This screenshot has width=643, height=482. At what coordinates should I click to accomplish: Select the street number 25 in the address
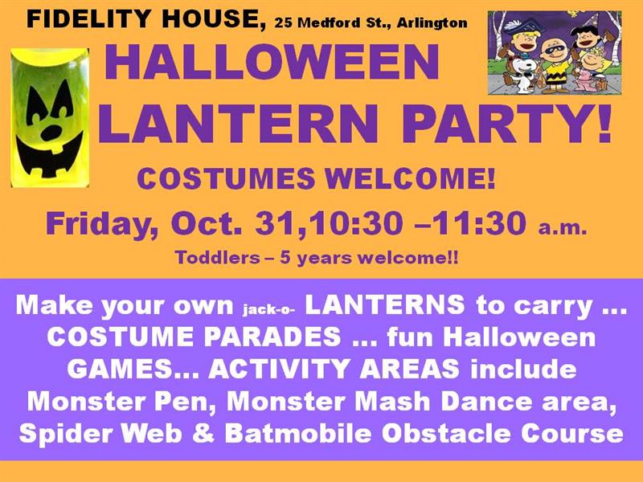tap(282, 23)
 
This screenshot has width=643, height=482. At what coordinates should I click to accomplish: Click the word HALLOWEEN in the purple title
tap(266, 63)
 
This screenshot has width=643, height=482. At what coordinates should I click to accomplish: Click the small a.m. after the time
tap(562, 228)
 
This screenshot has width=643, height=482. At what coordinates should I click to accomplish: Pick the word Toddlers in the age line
tap(211, 259)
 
